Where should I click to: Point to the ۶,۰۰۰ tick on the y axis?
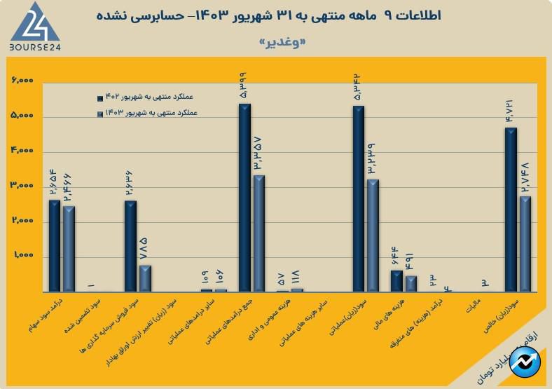(23, 82)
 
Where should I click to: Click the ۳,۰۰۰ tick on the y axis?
(23, 186)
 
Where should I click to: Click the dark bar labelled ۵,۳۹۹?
(244, 198)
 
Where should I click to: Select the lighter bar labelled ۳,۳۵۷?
(259, 233)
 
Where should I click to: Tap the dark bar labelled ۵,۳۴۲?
(359, 199)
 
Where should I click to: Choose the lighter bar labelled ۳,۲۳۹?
(373, 236)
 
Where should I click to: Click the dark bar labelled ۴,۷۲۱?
(511, 210)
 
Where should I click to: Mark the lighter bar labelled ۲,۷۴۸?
(525, 244)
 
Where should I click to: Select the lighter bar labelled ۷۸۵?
(145, 278)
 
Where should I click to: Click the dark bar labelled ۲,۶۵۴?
(55, 246)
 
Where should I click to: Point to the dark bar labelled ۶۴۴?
(396, 281)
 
